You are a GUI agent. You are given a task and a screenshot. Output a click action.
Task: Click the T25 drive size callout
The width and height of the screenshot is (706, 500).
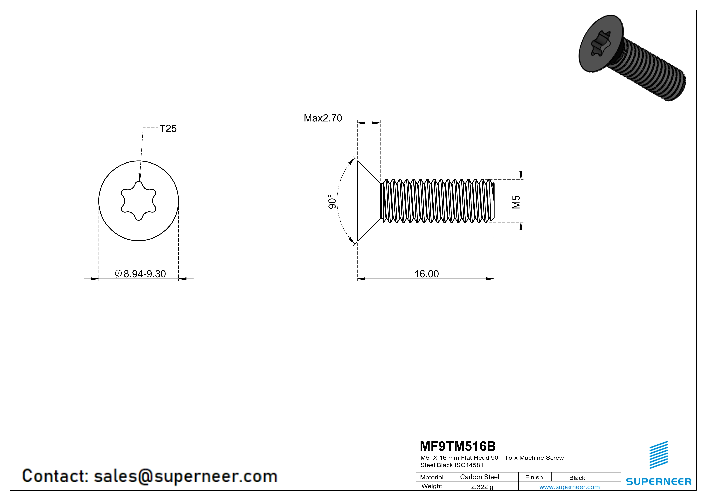tap(168, 129)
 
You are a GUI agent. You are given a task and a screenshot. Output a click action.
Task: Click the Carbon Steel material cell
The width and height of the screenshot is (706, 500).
tap(479, 477)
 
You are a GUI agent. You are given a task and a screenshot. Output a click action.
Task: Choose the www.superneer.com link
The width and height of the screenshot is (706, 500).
tap(569, 487)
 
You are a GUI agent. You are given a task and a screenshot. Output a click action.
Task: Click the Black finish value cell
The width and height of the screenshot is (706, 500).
tap(577, 478)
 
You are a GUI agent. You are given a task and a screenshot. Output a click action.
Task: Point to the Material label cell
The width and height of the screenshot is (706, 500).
tap(432, 477)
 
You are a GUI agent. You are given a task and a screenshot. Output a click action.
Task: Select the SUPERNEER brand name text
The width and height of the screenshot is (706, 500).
tap(659, 481)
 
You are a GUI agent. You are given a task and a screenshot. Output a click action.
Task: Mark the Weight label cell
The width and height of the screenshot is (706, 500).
tap(432, 486)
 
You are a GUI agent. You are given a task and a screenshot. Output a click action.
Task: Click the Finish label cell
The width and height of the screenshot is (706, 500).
tap(534, 477)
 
